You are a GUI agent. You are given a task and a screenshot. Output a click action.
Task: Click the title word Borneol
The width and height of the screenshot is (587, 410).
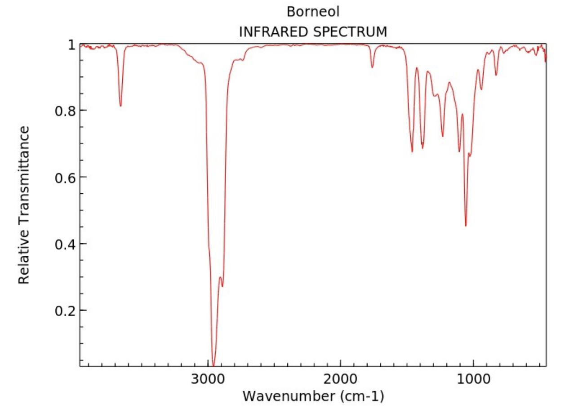coord(313,11)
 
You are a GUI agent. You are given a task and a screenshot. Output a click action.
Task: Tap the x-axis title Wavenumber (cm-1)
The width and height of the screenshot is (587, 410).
coord(313,396)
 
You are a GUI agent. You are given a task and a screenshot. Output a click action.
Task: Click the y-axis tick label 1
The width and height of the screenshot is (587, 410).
coord(71,45)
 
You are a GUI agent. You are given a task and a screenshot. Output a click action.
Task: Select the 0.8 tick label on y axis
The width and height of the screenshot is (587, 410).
coord(65,111)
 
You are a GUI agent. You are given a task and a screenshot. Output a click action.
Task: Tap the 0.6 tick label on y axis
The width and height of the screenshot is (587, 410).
coord(65,178)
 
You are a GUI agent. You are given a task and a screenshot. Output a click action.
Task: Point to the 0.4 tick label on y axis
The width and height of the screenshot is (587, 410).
coord(65,244)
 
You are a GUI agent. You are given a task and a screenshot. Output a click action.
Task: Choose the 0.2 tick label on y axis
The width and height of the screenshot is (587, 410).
coord(65,311)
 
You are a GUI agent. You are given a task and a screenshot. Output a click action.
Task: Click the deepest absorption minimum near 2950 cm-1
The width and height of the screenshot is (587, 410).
coord(213,365)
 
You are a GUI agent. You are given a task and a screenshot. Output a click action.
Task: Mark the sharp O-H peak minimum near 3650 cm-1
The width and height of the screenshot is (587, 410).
coord(120,106)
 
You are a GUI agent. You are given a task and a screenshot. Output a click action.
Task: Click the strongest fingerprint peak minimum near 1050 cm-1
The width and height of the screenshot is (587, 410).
coord(466,226)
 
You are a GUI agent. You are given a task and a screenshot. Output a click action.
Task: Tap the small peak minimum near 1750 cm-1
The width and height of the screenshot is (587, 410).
coord(372,67)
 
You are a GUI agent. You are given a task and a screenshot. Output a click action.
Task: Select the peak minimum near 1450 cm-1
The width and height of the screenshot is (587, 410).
coord(412,152)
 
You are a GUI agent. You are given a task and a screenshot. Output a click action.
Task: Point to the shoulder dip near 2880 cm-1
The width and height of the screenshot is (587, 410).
coord(222,286)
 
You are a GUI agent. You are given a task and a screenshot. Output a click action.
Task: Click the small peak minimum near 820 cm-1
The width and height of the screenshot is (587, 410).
coord(496,75)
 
